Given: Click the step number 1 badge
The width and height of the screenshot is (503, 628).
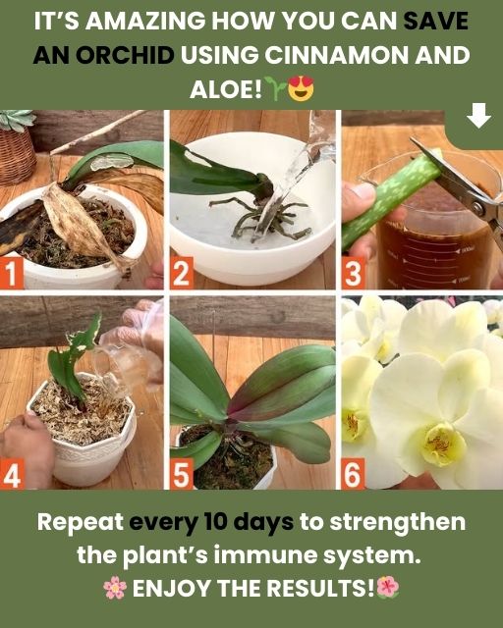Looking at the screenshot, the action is (11, 273).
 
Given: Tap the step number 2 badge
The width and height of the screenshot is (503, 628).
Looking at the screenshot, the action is (182, 273).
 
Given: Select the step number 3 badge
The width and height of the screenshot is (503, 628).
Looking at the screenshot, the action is (353, 273).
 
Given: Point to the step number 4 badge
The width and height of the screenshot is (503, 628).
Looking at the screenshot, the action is (12, 474).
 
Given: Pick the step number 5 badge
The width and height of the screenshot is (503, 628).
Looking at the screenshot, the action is (182, 474).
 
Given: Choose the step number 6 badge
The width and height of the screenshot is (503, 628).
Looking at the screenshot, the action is (353, 474).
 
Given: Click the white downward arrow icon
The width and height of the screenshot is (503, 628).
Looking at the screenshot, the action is (479, 116).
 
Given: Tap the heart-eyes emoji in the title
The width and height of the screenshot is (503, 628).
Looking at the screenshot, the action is (301, 87).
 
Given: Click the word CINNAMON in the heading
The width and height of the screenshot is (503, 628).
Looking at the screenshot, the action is (337, 55).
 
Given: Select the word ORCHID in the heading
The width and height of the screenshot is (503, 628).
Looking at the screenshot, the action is (125, 55).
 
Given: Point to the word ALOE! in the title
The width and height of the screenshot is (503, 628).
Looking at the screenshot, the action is (226, 88).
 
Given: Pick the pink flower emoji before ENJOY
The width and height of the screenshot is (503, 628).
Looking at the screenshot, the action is (115, 588).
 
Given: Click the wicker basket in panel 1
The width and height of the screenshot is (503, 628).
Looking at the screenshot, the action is (17, 155).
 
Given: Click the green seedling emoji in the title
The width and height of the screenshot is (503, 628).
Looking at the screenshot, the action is (278, 88).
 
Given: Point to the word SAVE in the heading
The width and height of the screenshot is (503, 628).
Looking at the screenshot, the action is (436, 21).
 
